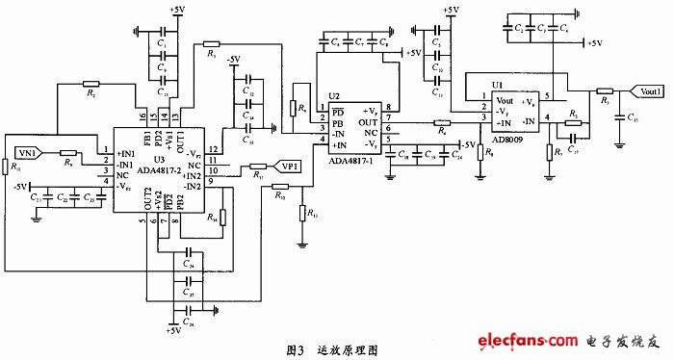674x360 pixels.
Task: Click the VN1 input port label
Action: click(26, 152)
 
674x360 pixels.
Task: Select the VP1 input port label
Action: click(288, 165)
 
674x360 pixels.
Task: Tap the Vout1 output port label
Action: click(646, 90)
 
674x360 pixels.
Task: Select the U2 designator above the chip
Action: click(333, 96)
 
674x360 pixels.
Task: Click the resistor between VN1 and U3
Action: click(68, 152)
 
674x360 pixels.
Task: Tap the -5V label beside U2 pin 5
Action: click(459, 144)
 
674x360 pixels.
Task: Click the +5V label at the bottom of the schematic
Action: click(173, 331)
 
